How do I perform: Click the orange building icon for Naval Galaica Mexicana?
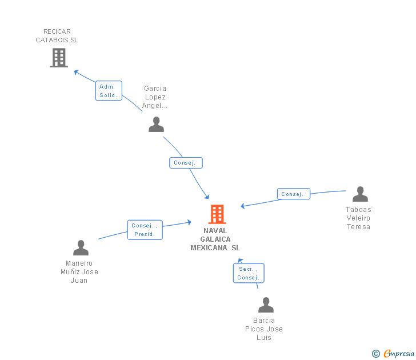(217, 214)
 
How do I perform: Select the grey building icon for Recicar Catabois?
(59, 58)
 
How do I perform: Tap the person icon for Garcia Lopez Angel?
(156, 125)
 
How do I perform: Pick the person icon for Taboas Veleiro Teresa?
(360, 194)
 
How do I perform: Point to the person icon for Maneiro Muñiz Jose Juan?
(81, 248)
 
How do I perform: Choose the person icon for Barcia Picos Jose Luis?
(266, 305)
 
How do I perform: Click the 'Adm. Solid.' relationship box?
(109, 91)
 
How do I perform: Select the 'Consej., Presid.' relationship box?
(145, 230)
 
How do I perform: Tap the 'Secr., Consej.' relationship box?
(249, 273)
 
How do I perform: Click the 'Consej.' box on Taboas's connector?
(294, 194)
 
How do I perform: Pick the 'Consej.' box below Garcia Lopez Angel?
(186, 163)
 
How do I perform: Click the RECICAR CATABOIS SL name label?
(57, 36)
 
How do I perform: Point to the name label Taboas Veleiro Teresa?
(358, 218)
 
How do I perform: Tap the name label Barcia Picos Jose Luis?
(264, 329)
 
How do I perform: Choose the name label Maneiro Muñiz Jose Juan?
(79, 272)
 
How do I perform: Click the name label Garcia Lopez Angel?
(155, 97)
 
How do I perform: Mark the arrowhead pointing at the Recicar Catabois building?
(77, 72)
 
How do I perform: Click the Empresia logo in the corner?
(398, 353)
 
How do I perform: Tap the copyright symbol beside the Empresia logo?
(376, 354)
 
